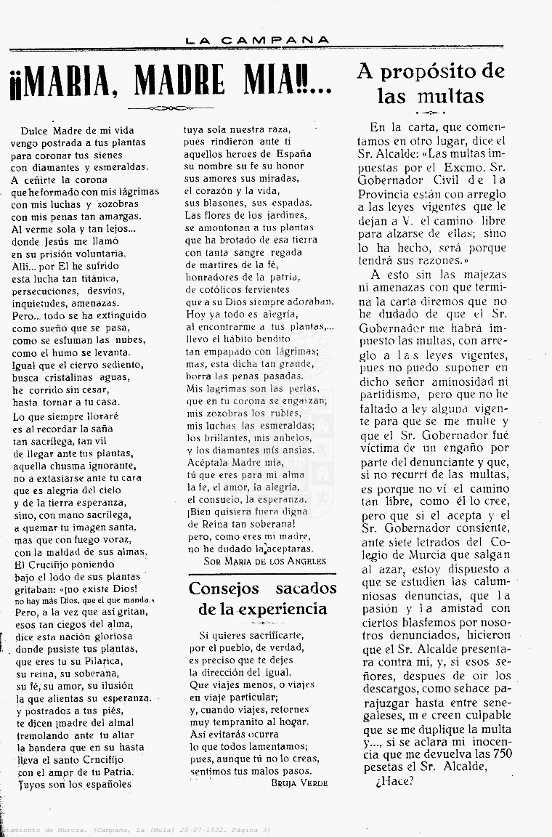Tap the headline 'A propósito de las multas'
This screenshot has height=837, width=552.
431,84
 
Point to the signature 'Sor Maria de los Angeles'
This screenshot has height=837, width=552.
265,560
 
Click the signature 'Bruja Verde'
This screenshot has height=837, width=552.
299,783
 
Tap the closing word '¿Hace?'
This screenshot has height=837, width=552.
394,781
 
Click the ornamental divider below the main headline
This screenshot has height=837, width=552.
171,108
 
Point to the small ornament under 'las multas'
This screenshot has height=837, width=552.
431,113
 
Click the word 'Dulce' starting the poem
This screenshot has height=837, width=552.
37,130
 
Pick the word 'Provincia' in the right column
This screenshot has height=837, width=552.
385,194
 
